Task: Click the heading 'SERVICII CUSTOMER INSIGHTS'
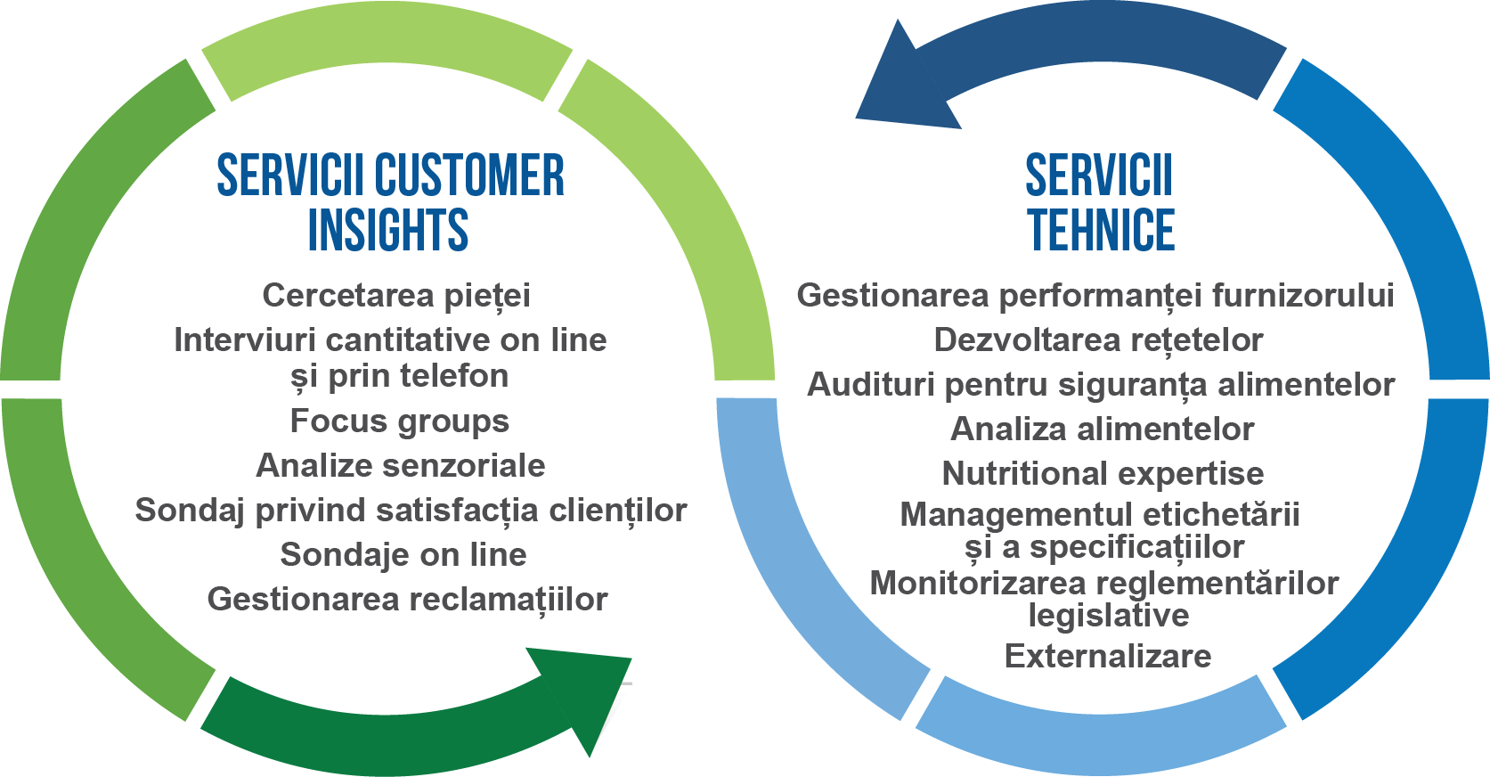click(x=390, y=202)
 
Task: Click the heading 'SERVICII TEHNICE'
click(x=1100, y=202)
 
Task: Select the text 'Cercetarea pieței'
click(x=396, y=296)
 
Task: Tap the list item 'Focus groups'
click(x=400, y=422)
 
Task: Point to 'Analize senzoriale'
click(x=401, y=466)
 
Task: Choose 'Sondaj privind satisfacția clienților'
click(x=411, y=511)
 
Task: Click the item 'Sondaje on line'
click(x=403, y=555)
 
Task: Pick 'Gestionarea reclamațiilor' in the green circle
click(x=408, y=600)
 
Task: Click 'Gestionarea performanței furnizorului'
click(x=1095, y=296)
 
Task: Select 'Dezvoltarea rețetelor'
click(x=1098, y=340)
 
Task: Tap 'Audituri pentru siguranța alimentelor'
click(x=1101, y=385)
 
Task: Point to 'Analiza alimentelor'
click(x=1103, y=429)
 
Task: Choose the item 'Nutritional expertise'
click(x=1103, y=474)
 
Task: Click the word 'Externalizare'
click(x=1108, y=657)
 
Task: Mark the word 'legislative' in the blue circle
click(x=1109, y=616)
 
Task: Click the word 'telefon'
click(x=453, y=376)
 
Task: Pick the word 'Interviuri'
click(x=246, y=340)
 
